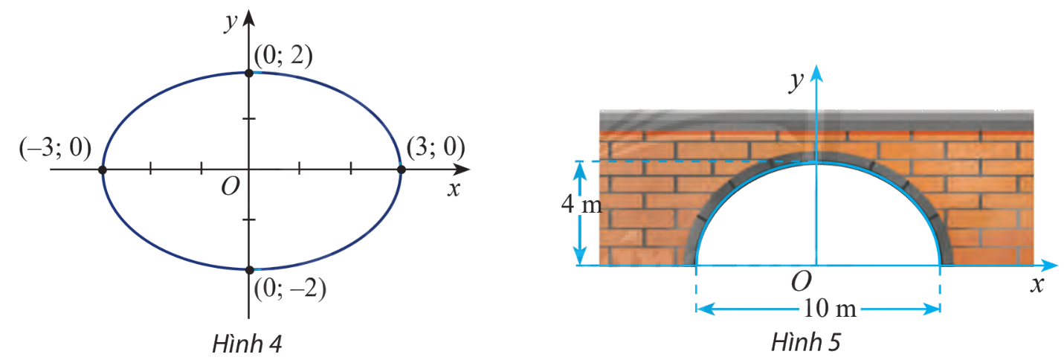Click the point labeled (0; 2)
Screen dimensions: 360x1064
pyautogui.click(x=249, y=73)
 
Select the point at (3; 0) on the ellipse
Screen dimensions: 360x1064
pyautogui.click(x=401, y=170)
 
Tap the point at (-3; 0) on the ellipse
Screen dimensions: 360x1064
pyautogui.click(x=103, y=170)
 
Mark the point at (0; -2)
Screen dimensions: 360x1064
pyautogui.click(x=249, y=269)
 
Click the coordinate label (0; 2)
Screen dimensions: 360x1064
pyautogui.click(x=282, y=57)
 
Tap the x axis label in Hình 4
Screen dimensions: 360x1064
pyautogui.click(x=454, y=189)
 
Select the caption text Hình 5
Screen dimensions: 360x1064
pyautogui.click(x=806, y=343)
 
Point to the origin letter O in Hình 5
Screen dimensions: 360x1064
pyautogui.click(x=801, y=282)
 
